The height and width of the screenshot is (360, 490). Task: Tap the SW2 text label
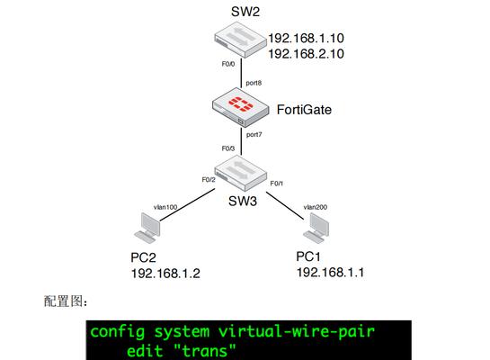pyautogui.click(x=245, y=12)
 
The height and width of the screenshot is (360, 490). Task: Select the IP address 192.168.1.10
pyautogui.click(x=307, y=38)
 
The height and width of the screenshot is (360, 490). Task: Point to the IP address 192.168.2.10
pyautogui.click(x=307, y=54)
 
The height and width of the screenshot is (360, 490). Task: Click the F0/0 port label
pyautogui.click(x=228, y=64)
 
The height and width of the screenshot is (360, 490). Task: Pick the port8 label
pyautogui.click(x=254, y=83)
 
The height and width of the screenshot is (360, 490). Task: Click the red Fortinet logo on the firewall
pyautogui.click(x=241, y=103)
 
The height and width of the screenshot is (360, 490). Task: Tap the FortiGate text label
pyautogui.click(x=304, y=110)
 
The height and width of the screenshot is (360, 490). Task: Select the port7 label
pyautogui.click(x=254, y=135)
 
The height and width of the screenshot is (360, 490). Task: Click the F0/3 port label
pyautogui.click(x=228, y=148)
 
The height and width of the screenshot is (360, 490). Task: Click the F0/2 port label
pyautogui.click(x=209, y=179)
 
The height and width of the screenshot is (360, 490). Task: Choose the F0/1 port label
pyautogui.click(x=277, y=184)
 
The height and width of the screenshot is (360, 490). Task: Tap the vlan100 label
pyautogui.click(x=165, y=207)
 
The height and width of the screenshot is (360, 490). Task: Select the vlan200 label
pyautogui.click(x=316, y=207)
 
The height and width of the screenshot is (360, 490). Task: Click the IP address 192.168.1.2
pyautogui.click(x=165, y=274)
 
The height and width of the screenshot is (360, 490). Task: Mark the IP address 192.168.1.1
pyautogui.click(x=330, y=273)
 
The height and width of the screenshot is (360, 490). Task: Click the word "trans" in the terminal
pyautogui.click(x=204, y=351)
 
